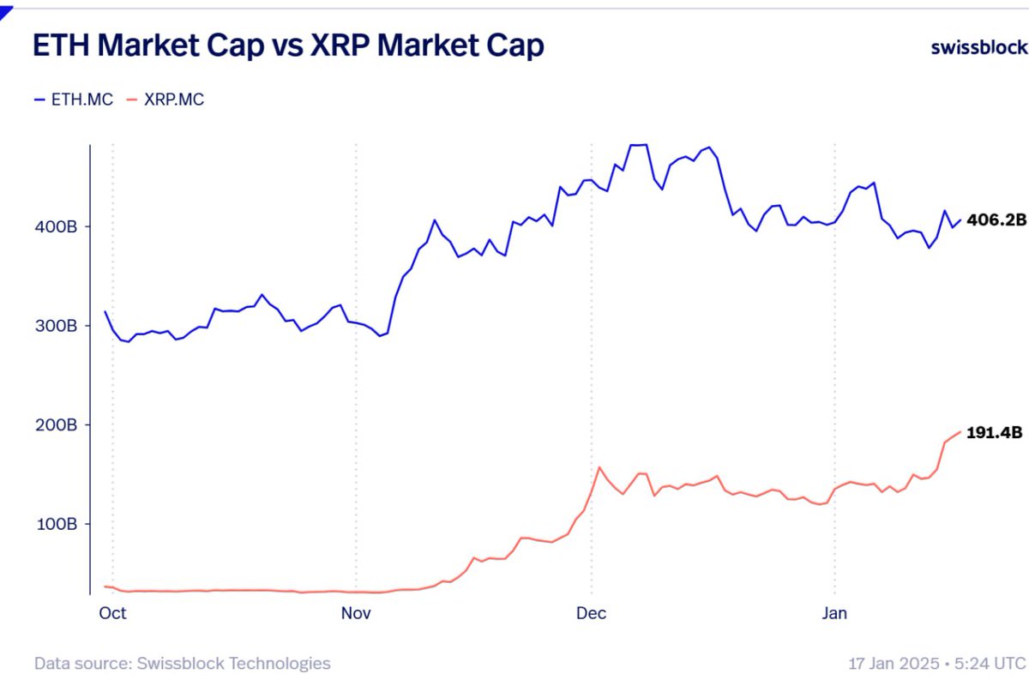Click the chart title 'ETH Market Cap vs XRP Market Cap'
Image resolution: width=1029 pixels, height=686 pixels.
point(288,46)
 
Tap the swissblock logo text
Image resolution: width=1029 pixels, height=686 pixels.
point(978,47)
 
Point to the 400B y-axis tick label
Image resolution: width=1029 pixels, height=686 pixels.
point(57,227)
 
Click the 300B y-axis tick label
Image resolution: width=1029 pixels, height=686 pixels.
point(57,326)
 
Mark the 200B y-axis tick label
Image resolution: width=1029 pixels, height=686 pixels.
point(57,424)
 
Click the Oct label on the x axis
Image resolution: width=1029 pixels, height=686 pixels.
point(112,613)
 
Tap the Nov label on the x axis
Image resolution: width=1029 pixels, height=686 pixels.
point(356,613)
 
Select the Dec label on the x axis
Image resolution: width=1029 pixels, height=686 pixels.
point(591,613)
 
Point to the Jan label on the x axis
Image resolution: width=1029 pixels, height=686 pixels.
point(834,613)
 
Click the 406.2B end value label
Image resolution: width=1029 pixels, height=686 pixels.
point(996,220)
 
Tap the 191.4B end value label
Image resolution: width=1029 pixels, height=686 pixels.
point(995,433)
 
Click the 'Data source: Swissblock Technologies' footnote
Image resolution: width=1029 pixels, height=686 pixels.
point(182,663)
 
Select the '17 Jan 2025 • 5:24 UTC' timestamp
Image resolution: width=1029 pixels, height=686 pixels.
point(936,663)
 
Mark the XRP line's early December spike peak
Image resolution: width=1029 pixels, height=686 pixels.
point(599,467)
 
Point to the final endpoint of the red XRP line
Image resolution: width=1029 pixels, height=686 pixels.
point(960,431)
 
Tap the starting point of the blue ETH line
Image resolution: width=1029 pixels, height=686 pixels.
point(105,311)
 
